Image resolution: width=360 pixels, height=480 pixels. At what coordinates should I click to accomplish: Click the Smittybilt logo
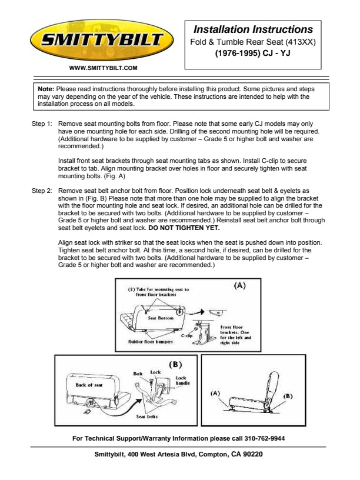click(x=102, y=41)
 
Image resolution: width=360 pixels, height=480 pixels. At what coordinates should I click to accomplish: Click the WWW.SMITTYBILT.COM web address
click(x=103, y=68)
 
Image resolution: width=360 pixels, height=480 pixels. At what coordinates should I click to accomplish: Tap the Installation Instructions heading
click(x=253, y=29)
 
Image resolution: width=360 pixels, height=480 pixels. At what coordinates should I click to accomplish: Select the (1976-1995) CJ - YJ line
click(x=253, y=53)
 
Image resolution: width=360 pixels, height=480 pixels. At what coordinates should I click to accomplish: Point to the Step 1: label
click(x=42, y=124)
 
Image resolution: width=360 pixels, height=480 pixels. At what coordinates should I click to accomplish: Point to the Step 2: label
click(x=42, y=191)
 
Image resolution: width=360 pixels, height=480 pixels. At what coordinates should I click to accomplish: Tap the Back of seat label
click(x=89, y=385)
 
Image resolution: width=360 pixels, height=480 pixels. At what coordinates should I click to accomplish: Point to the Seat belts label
click(x=148, y=416)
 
